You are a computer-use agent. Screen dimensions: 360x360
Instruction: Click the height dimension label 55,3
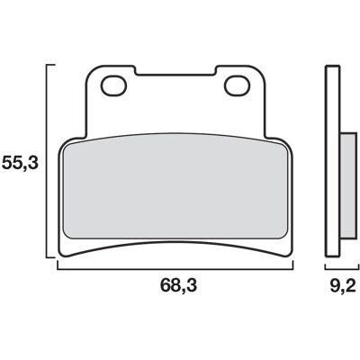20,164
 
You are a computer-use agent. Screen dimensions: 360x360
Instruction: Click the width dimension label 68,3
179,285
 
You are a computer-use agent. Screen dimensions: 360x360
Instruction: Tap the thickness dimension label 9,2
343,285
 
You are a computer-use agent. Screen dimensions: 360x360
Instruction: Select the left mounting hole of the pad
114,86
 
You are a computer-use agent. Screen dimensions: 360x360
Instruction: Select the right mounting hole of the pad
238,86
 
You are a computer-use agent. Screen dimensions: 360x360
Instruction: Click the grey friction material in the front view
175,186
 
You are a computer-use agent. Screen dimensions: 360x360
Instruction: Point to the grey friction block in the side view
349,186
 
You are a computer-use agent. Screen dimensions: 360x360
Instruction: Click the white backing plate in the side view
333,161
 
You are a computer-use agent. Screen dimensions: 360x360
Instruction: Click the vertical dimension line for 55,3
47,161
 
